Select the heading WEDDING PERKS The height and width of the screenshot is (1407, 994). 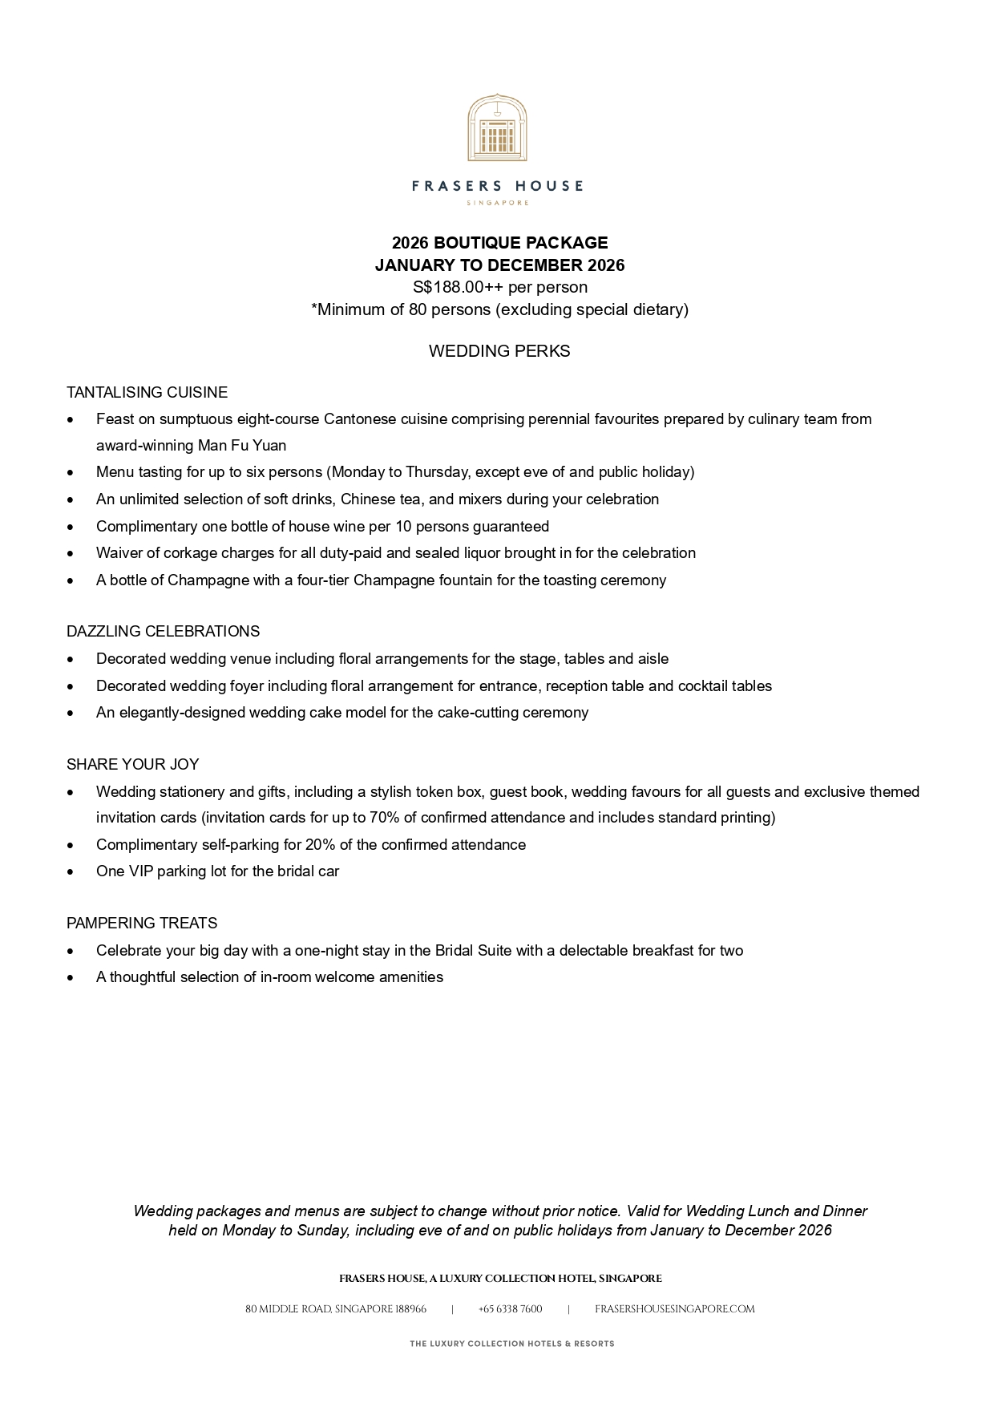499,351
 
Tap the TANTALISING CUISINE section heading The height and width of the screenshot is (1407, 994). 147,392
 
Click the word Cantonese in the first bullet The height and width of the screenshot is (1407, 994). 359,419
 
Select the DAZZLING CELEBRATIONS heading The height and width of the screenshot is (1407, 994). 163,632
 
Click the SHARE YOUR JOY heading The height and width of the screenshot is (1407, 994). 132,764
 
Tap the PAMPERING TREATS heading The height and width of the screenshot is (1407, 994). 142,923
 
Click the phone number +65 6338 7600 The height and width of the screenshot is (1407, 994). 510,1309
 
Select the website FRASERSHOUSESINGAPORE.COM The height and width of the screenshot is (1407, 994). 674,1309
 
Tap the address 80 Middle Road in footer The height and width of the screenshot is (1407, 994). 335,1309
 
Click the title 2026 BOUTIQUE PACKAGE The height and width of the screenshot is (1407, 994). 499,243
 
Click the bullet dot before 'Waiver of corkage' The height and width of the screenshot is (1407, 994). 71,554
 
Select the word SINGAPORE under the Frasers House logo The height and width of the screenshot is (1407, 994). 497,203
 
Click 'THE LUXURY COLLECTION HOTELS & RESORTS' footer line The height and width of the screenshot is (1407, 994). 511,1344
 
